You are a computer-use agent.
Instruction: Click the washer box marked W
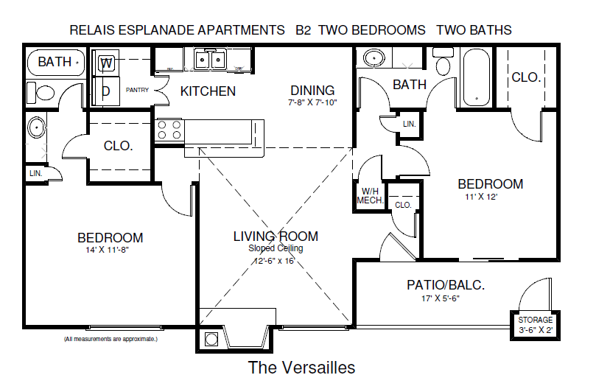point(107,63)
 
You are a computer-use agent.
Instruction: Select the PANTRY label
point(138,91)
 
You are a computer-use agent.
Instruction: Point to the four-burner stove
point(169,130)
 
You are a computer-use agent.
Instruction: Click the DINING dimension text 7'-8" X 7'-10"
point(312,103)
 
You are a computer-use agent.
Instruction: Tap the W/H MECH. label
point(368,195)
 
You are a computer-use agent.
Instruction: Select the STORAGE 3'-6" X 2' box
point(535,325)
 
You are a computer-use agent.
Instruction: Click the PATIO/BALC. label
point(446,285)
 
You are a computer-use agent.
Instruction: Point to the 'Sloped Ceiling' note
point(276,248)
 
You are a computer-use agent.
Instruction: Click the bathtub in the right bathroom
point(476,77)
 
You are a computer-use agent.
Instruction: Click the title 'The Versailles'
point(301,367)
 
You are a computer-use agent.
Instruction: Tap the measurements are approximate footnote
point(111,340)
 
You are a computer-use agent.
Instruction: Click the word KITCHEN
point(208,91)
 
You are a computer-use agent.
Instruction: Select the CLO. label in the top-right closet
point(526,77)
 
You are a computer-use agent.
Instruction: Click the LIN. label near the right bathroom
point(409,125)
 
